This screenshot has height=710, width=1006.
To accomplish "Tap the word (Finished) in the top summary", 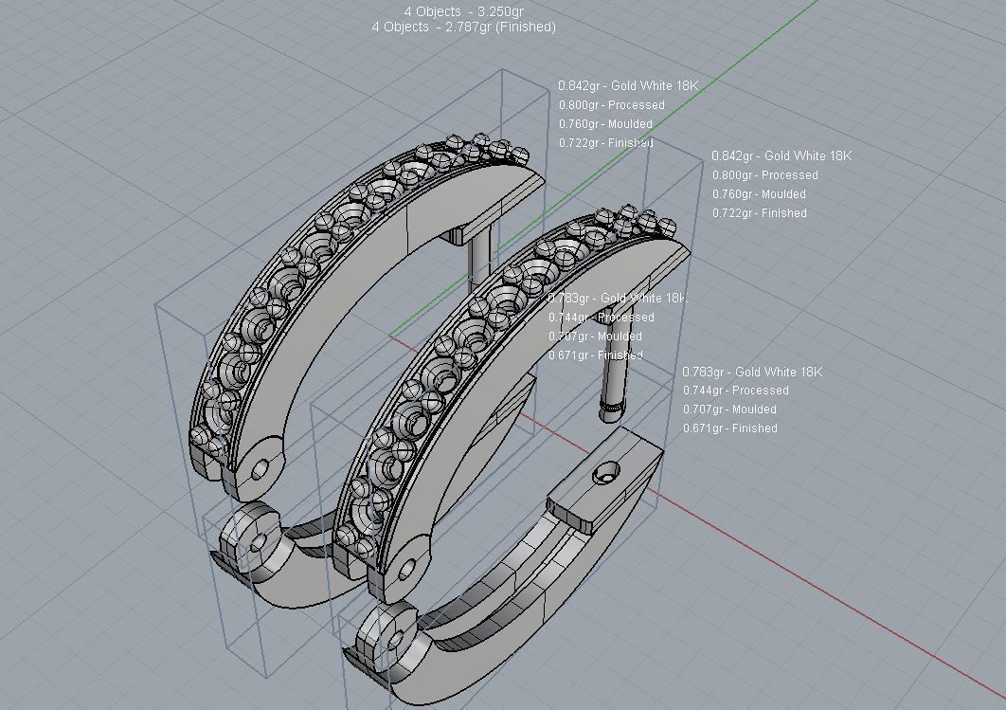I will coord(526,27).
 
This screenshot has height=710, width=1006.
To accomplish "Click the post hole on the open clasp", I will coord(604,472).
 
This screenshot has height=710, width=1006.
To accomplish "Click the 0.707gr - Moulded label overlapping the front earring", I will coord(595,337).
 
